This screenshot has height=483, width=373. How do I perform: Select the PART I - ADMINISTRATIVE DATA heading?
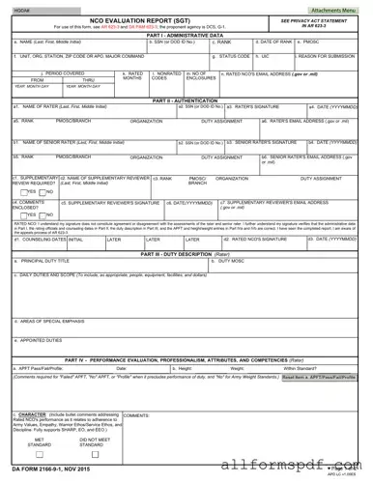[x=186, y=36]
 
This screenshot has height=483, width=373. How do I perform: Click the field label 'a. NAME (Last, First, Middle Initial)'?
[x=44, y=43]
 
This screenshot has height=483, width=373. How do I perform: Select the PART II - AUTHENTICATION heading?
[x=186, y=99]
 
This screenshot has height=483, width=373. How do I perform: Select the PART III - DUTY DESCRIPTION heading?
[x=186, y=253]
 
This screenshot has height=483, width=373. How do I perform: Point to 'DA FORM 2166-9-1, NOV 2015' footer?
[x=48, y=468]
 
